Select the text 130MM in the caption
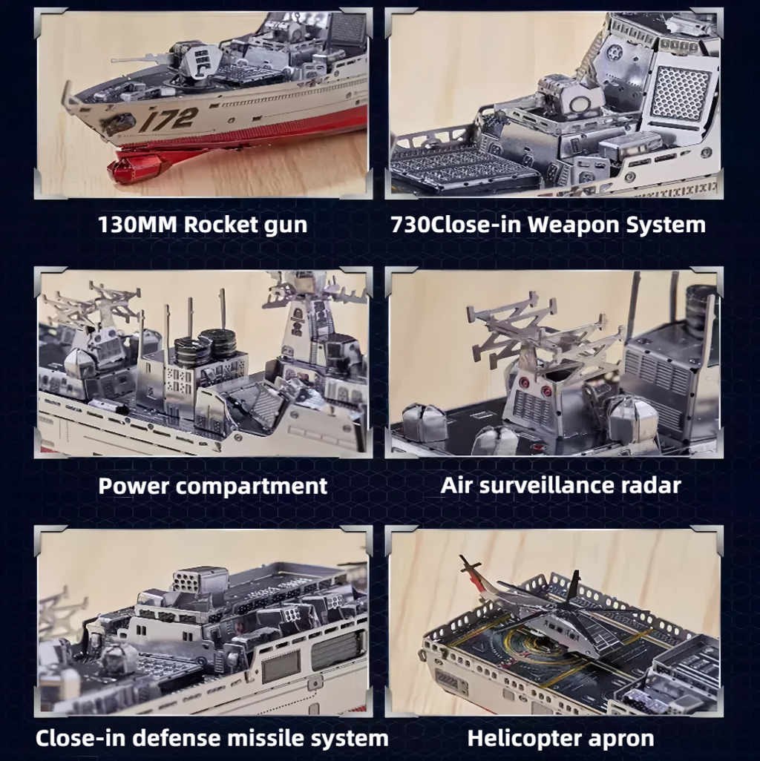(137, 225)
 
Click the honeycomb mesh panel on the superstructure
(681, 93)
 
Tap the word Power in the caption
(134, 486)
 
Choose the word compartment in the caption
(252, 486)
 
